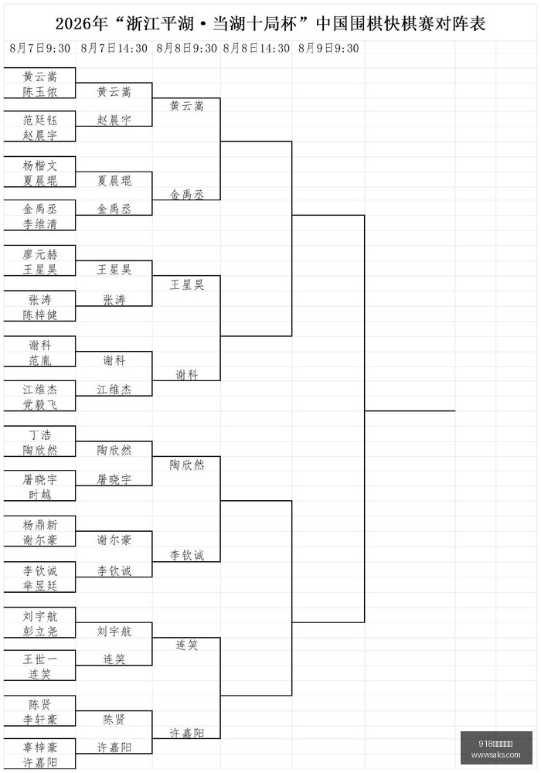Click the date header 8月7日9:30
click(40, 48)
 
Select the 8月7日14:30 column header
click(114, 48)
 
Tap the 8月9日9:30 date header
click(328, 48)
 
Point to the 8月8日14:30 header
click(257, 48)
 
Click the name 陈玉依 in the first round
click(40, 92)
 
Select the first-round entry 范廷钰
click(40, 120)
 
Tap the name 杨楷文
click(40, 165)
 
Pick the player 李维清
click(40, 224)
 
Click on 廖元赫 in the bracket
click(40, 254)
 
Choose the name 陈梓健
click(40, 315)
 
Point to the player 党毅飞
click(40, 404)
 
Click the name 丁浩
click(40, 434)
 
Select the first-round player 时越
click(40, 495)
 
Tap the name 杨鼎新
click(40, 525)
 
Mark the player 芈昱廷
click(40, 586)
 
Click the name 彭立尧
click(40, 631)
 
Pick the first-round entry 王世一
click(40, 659)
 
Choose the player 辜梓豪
click(40, 747)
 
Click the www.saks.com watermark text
click(495, 754)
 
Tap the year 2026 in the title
click(72, 24)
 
